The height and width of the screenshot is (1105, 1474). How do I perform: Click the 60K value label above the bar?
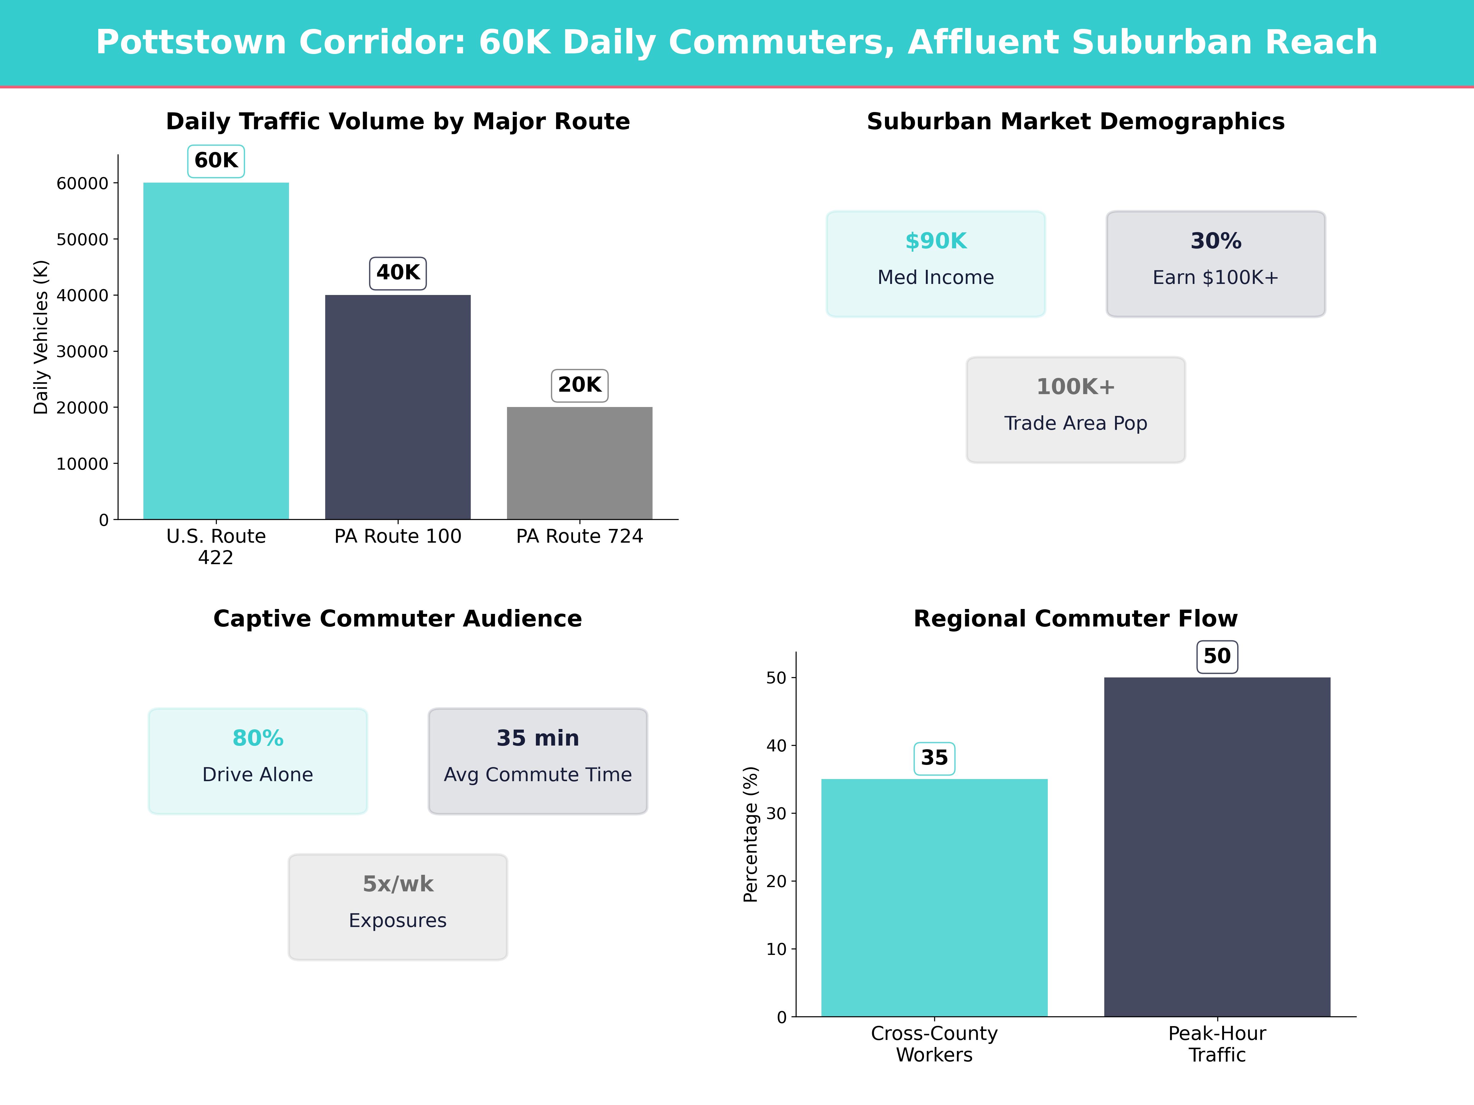pyautogui.click(x=216, y=161)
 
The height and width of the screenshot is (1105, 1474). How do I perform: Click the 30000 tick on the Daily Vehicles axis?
pyautogui.click(x=82, y=352)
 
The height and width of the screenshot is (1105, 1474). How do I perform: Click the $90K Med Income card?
pyautogui.click(x=936, y=264)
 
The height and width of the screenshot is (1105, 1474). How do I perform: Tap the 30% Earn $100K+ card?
pyautogui.click(x=1215, y=264)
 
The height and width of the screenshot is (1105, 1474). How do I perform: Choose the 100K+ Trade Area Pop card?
pyautogui.click(x=1075, y=410)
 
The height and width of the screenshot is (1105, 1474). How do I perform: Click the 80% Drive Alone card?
pyautogui.click(x=258, y=761)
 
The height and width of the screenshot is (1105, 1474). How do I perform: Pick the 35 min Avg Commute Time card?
pyautogui.click(x=538, y=761)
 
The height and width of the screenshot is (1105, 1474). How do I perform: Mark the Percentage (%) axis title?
pyautogui.click(x=751, y=834)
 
